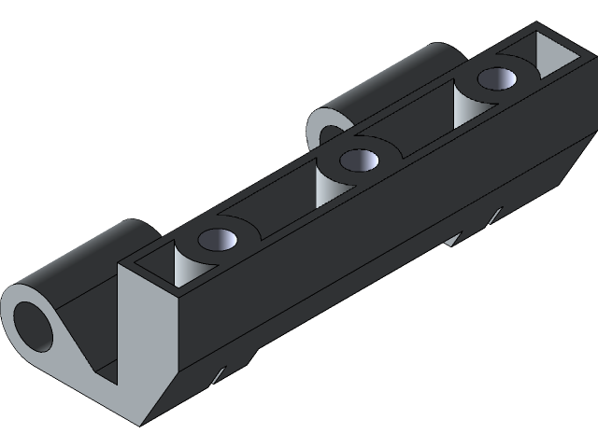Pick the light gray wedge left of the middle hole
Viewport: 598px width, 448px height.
click(327, 182)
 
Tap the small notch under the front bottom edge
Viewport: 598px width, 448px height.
click(218, 375)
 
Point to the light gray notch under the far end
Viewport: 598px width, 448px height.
click(453, 238)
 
